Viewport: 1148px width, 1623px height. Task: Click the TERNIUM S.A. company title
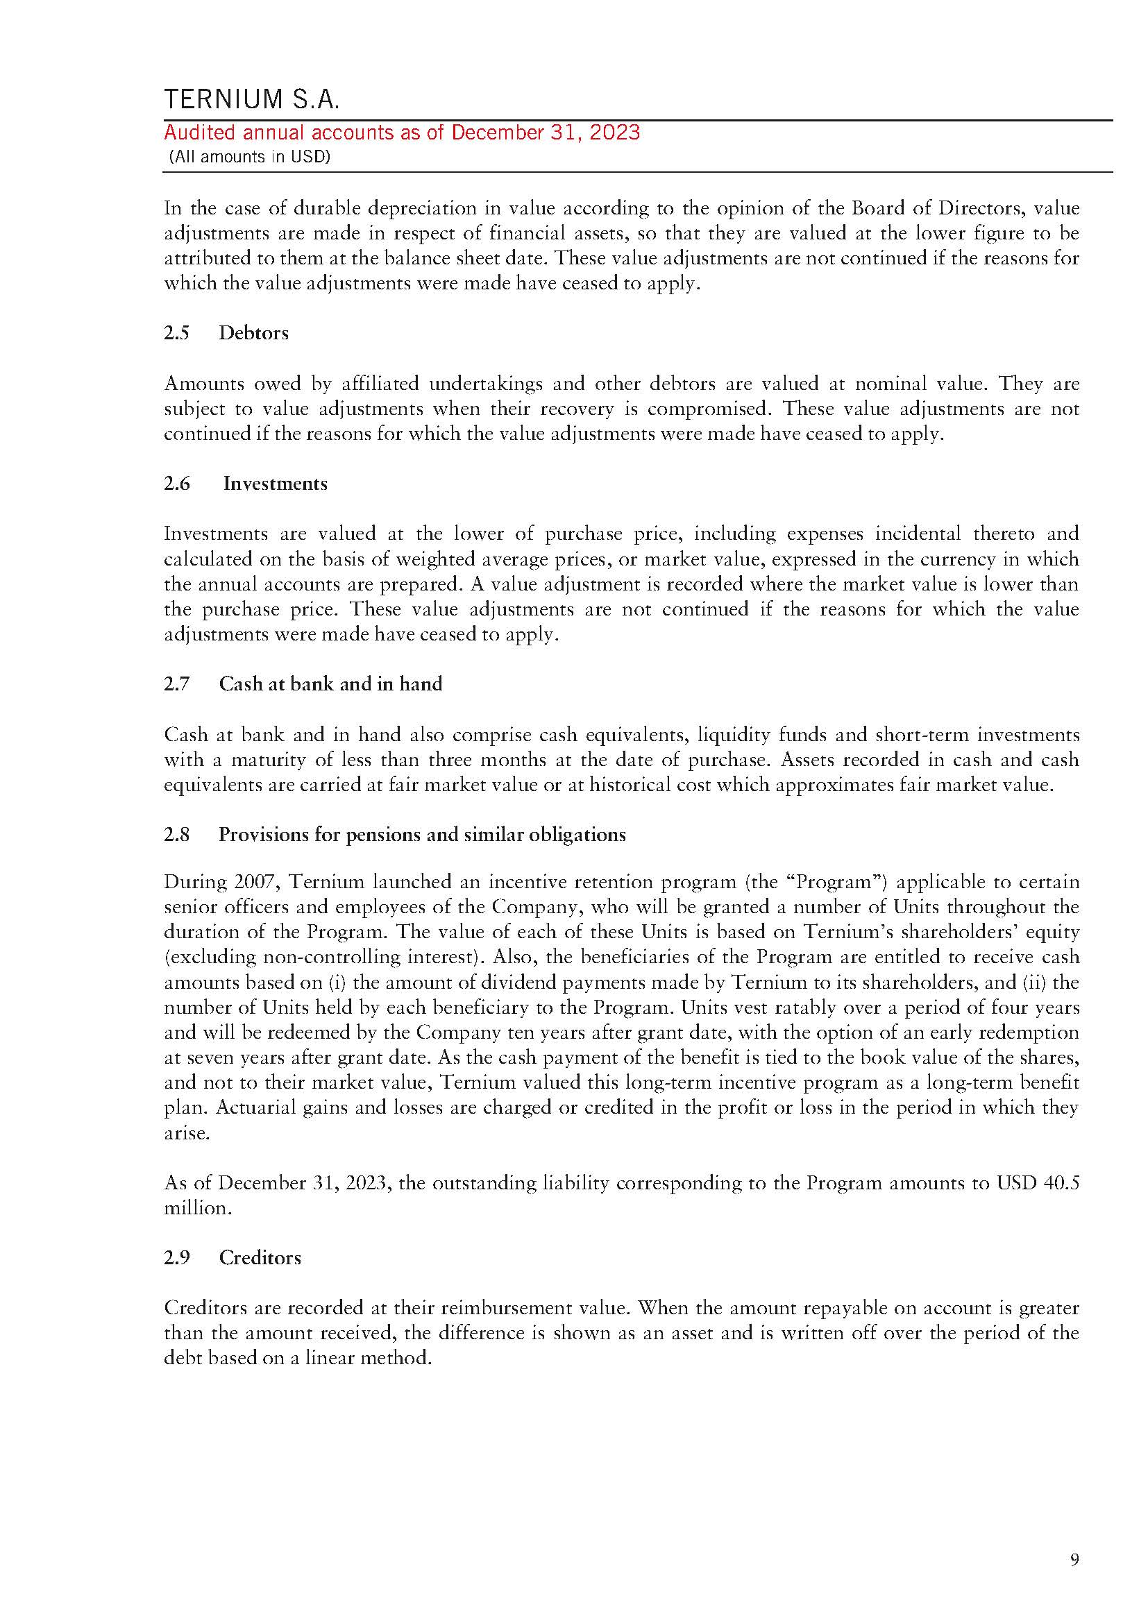pyautogui.click(x=252, y=100)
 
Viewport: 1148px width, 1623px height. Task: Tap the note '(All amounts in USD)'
pyautogui.click(x=250, y=157)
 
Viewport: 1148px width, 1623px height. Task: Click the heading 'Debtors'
pyautogui.click(x=254, y=333)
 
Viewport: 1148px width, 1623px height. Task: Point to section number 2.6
pyautogui.click(x=177, y=484)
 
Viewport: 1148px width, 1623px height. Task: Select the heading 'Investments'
pyautogui.click(x=275, y=484)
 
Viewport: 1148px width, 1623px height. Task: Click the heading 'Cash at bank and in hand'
pyautogui.click(x=330, y=684)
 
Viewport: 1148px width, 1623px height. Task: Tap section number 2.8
pyautogui.click(x=177, y=835)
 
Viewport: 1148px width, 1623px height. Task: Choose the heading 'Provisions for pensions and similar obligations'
pyautogui.click(x=422, y=835)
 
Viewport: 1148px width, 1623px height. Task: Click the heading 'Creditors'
pyautogui.click(x=260, y=1257)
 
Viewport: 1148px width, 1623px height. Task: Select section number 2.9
pyautogui.click(x=177, y=1257)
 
